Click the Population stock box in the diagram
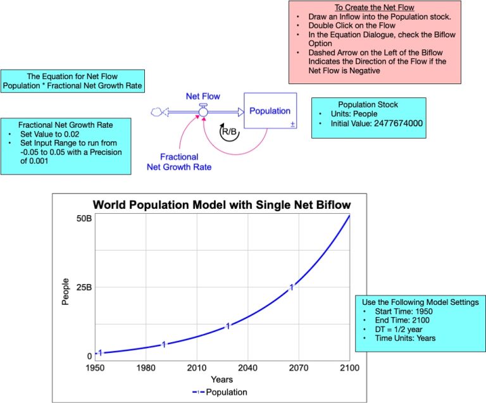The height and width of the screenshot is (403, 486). click(270, 111)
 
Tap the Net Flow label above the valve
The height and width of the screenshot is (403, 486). click(202, 96)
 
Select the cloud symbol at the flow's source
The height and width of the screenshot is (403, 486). click(156, 112)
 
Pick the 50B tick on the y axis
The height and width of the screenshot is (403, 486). click(84, 218)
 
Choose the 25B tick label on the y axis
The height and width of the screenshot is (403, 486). click(84, 287)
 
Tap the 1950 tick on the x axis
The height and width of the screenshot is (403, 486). click(95, 368)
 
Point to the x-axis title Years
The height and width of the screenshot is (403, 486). click(222, 380)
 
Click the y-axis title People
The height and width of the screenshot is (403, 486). click(66, 293)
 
